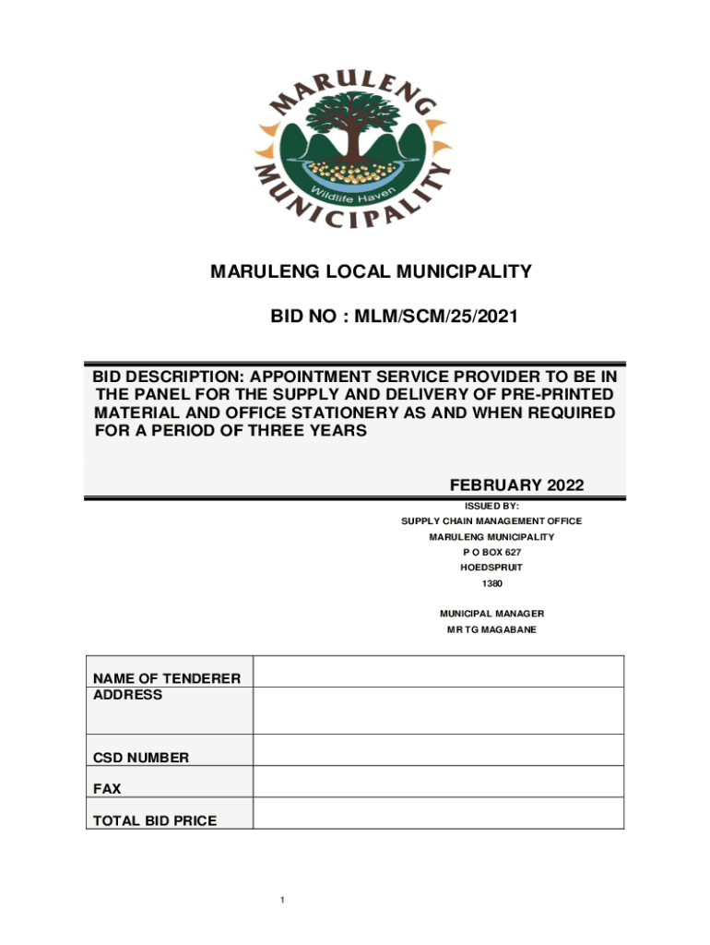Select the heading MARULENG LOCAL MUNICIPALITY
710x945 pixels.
[x=372, y=271]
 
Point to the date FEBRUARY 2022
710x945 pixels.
[x=516, y=485]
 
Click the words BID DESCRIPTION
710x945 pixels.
[x=165, y=377]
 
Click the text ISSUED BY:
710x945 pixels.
[x=491, y=506]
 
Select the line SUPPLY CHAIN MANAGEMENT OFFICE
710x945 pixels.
[x=491, y=521]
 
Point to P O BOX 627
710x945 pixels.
[x=491, y=552]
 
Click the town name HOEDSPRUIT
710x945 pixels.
[x=491, y=568]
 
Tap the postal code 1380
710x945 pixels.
[x=491, y=583]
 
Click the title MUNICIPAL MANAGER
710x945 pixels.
[x=491, y=614]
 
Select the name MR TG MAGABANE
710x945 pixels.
[x=491, y=629]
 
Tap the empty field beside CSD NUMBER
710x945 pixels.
[x=438, y=750]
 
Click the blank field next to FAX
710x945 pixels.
[x=438, y=782]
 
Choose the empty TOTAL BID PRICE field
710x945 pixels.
[x=438, y=813]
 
